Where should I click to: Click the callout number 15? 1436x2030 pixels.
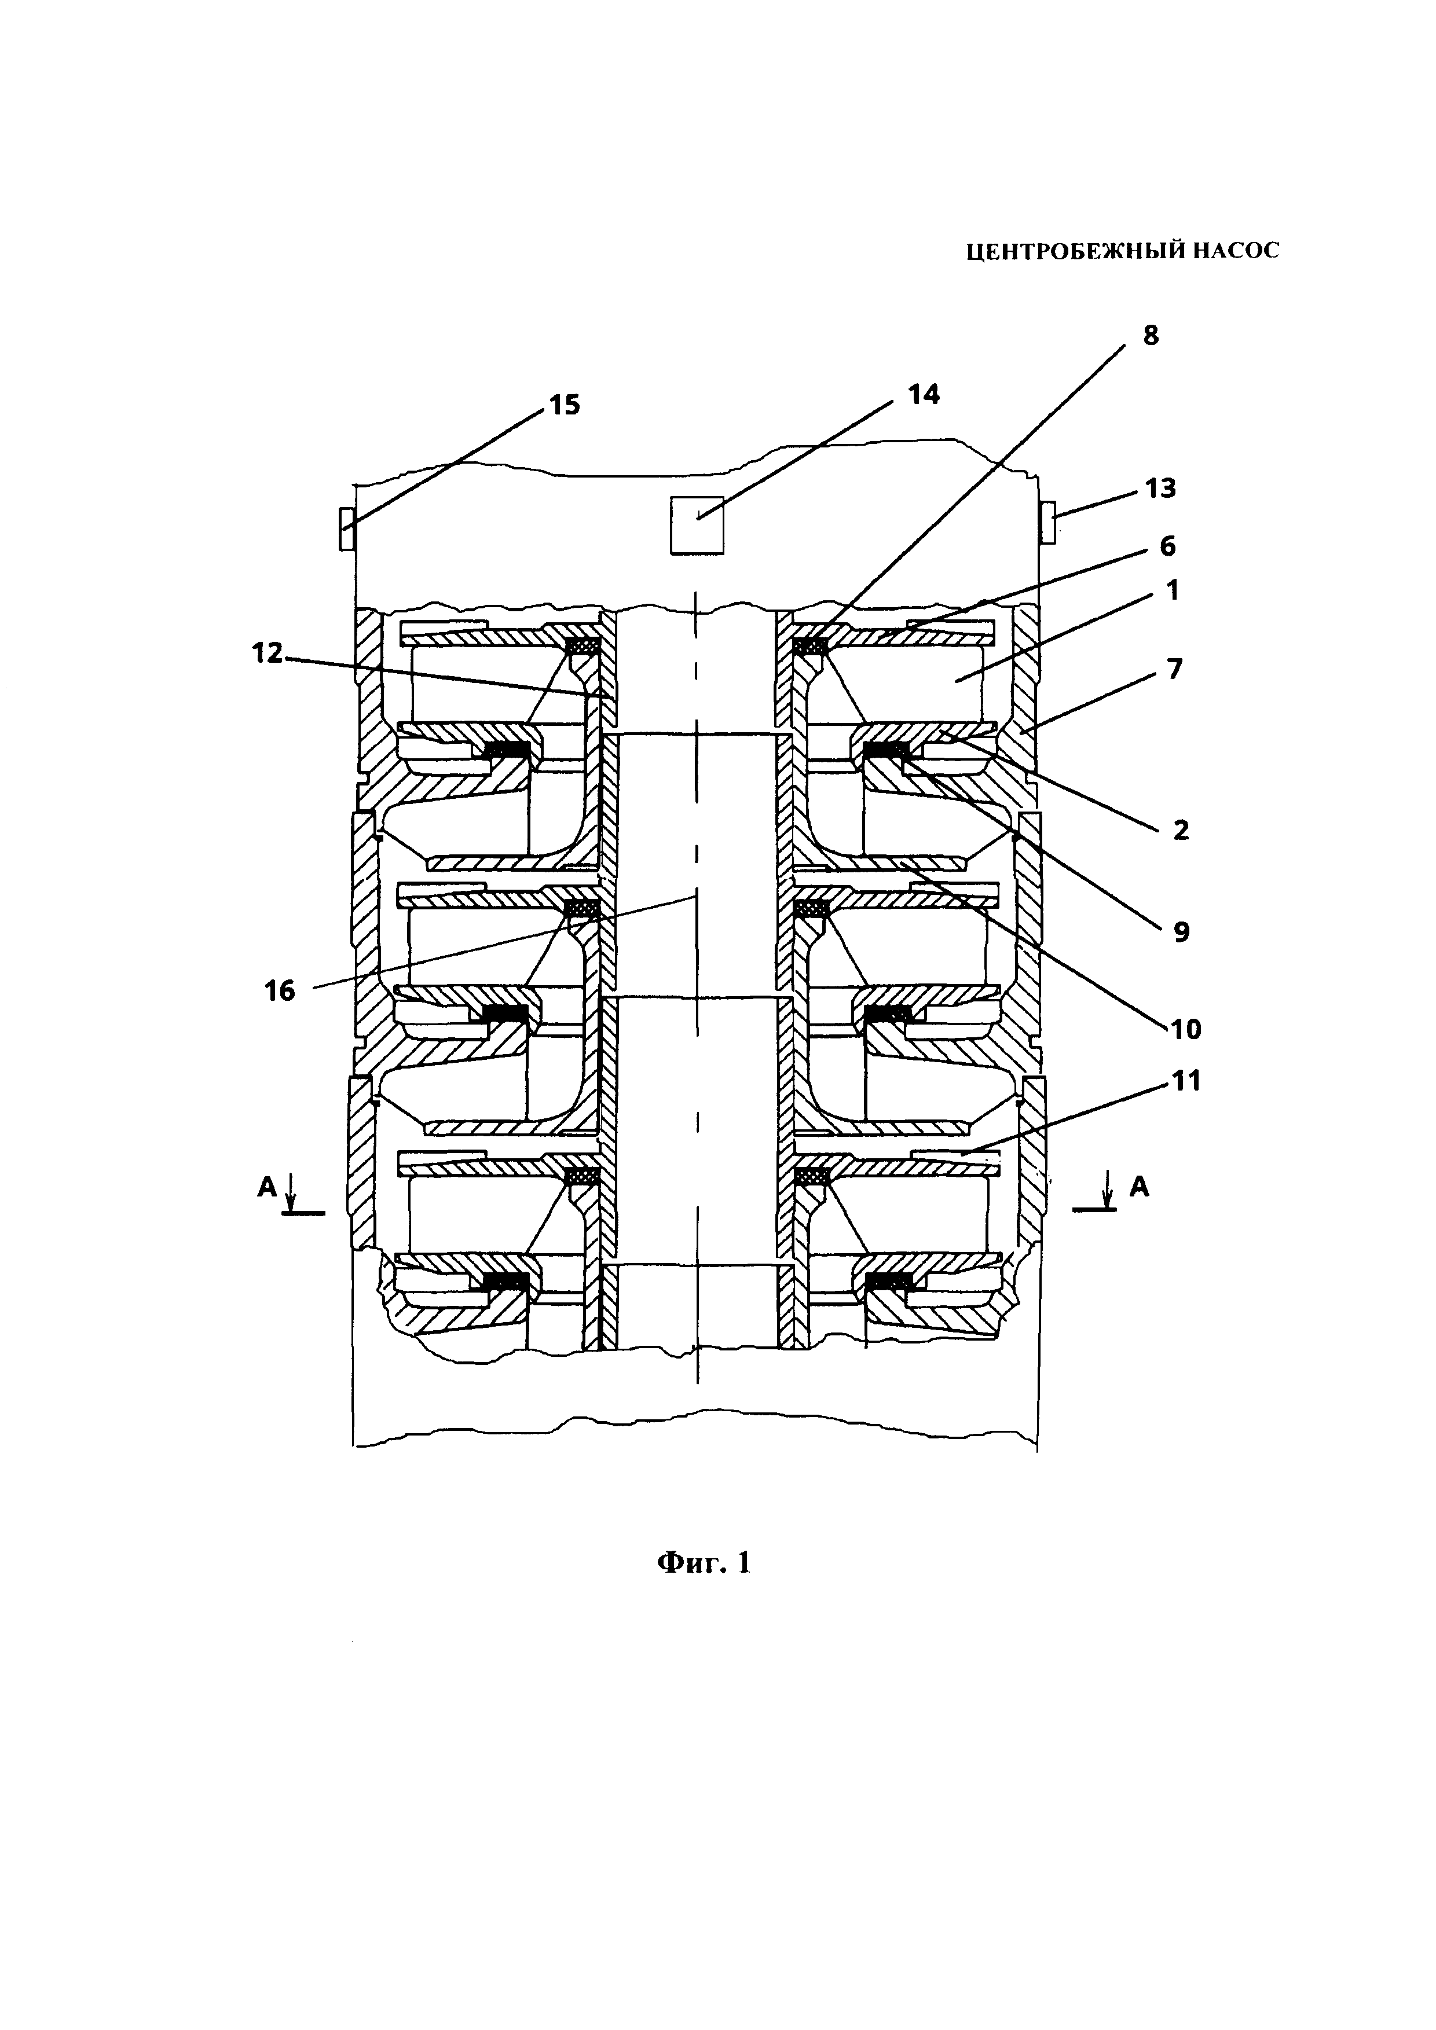point(564,406)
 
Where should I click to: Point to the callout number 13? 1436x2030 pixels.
point(1160,487)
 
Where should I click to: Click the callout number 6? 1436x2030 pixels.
point(1167,546)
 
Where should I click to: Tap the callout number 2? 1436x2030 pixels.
point(1181,829)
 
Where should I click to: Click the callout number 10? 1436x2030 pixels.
point(1186,1028)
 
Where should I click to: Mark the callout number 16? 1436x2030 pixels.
point(280,991)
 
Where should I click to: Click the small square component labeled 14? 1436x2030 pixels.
point(697,525)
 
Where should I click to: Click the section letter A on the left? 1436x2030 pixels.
point(267,1187)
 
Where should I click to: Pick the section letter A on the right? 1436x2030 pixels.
point(1140,1187)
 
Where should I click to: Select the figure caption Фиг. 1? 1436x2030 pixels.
point(704,1563)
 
